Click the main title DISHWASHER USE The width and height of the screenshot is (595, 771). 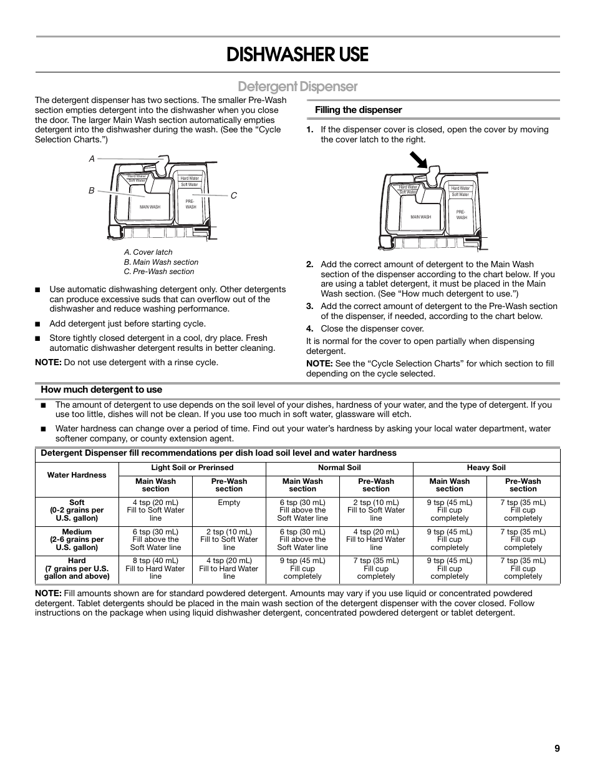[297, 55]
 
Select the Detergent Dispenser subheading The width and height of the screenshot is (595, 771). [297, 86]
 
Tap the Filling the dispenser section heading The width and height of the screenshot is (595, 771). [358, 110]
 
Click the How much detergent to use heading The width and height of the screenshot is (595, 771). [101, 390]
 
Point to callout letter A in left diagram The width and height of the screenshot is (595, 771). [92, 159]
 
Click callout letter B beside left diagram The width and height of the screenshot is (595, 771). [91, 190]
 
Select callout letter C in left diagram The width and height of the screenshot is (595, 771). [234, 195]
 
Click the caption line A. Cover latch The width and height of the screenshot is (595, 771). [148, 252]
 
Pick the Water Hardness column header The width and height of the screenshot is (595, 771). [77, 475]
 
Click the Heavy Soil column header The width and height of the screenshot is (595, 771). [486, 468]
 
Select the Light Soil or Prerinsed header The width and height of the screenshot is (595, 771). [192, 468]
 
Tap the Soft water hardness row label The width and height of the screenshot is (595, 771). [77, 510]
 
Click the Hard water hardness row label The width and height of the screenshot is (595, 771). [77, 569]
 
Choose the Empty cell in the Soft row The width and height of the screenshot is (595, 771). [229, 503]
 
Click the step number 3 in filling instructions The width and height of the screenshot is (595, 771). [309, 306]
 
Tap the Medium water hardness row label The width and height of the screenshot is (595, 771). [77, 539]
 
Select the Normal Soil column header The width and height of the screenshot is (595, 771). [339, 468]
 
